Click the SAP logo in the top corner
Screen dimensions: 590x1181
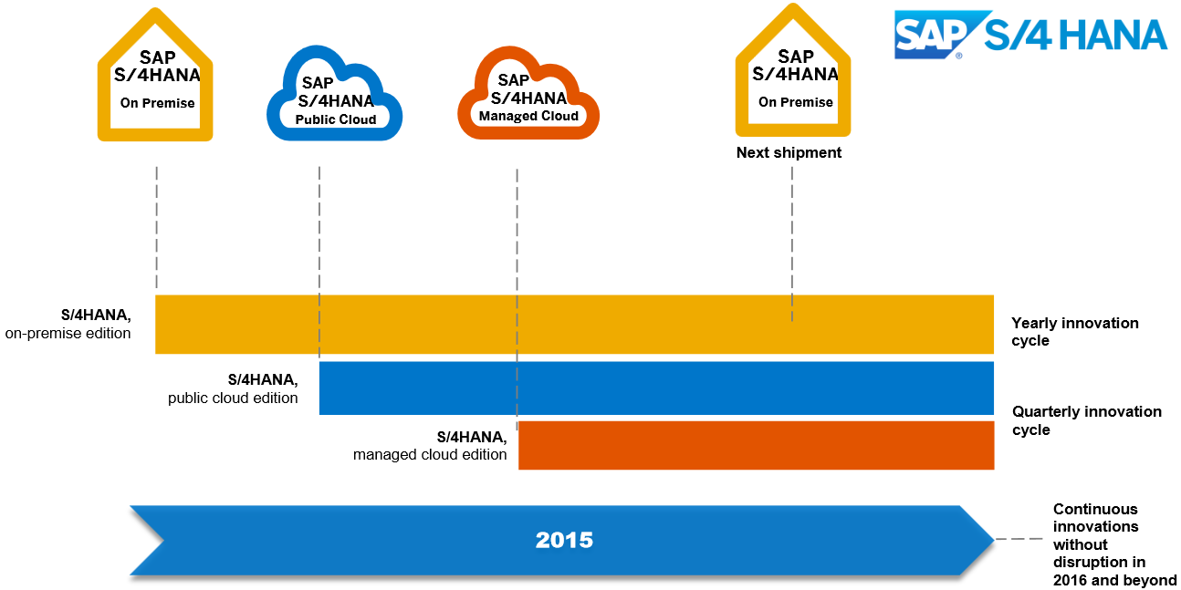point(930,35)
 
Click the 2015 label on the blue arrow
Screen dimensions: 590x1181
point(564,540)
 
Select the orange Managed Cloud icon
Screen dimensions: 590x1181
point(528,96)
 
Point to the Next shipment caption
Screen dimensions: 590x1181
point(789,153)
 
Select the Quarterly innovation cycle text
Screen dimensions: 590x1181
point(1086,420)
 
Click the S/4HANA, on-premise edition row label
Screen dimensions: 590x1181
point(69,325)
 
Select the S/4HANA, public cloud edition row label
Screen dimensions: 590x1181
point(234,388)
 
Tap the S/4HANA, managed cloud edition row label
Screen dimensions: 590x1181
point(431,446)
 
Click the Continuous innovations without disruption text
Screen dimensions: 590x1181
point(1113,544)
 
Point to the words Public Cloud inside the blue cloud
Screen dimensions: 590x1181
point(336,119)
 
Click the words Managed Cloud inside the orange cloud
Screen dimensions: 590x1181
point(528,116)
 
